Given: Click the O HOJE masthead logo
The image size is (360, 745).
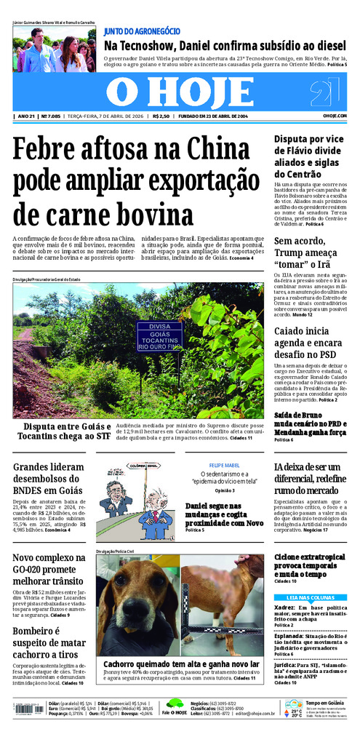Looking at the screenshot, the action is (179, 92).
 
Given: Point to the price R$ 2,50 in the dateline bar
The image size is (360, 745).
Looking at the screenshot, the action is (161, 116).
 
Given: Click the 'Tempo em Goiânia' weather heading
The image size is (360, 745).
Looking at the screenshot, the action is (325, 702).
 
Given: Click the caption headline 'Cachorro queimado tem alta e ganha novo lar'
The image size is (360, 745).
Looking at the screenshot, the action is (181, 664).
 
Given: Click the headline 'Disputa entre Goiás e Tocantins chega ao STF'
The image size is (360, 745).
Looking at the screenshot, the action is (67, 431).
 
